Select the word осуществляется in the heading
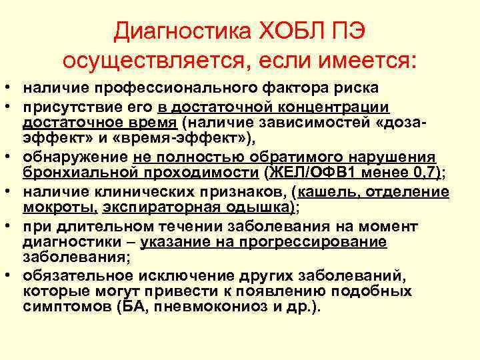(154, 61)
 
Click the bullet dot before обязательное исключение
(13, 275)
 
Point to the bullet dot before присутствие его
(13, 107)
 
